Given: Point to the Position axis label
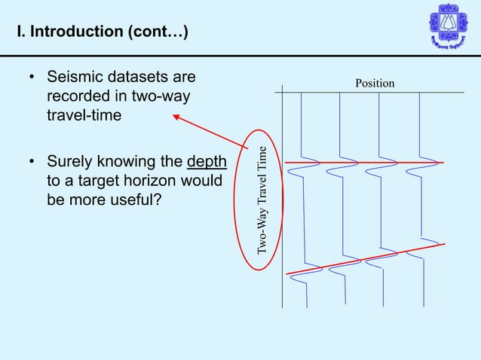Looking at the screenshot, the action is [x=375, y=83].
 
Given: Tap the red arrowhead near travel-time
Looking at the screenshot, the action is [x=177, y=117].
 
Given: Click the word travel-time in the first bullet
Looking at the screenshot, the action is [x=85, y=117].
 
